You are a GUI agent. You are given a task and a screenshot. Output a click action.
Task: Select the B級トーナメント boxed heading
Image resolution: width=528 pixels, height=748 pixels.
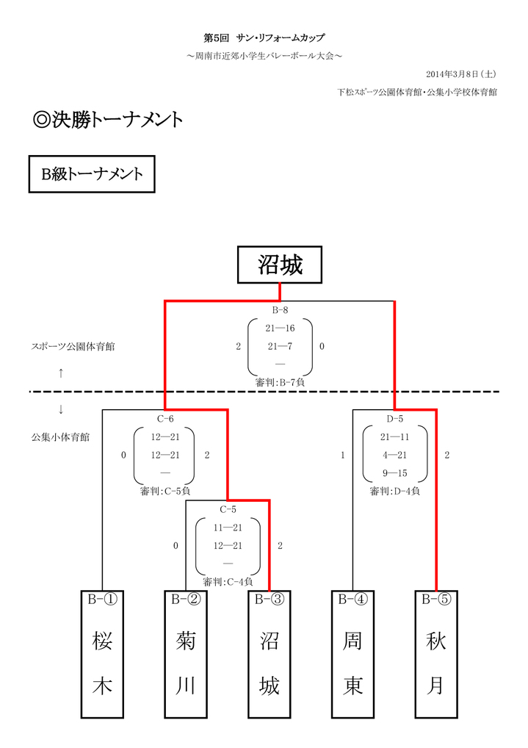coord(91,174)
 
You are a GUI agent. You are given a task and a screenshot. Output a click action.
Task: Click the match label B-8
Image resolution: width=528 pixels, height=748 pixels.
coord(280,310)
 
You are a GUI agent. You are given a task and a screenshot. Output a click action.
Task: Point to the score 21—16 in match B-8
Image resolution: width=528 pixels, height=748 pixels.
coord(280,328)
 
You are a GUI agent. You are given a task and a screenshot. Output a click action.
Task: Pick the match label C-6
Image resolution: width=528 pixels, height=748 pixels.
coord(165,419)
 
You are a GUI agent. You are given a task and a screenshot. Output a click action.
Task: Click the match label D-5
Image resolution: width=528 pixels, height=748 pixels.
coord(395,419)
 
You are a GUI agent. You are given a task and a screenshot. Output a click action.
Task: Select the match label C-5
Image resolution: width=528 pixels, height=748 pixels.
coord(228,509)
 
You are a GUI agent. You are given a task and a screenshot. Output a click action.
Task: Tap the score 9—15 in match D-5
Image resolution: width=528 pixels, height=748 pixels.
coord(394,473)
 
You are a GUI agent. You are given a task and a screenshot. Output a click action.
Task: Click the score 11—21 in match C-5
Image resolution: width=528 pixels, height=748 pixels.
coord(228,528)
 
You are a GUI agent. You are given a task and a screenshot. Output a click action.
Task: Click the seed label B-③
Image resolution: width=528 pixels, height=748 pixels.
coord(269,600)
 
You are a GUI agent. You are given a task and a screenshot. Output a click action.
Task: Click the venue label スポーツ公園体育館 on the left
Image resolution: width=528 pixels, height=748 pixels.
coord(73,346)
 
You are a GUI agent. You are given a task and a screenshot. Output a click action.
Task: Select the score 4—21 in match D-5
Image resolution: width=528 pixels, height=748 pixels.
coord(394,456)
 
